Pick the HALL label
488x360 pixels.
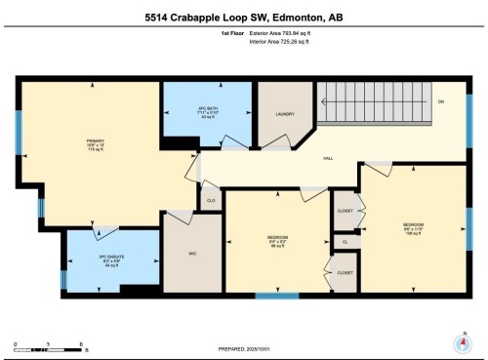[329, 158]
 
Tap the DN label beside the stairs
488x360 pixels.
[440, 102]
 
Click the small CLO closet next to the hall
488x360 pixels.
[211, 200]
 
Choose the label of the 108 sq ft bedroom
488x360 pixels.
[414, 227]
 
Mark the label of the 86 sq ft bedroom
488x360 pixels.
[276, 240]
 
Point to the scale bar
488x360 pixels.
[48, 346]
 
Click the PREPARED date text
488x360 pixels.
[244, 348]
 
